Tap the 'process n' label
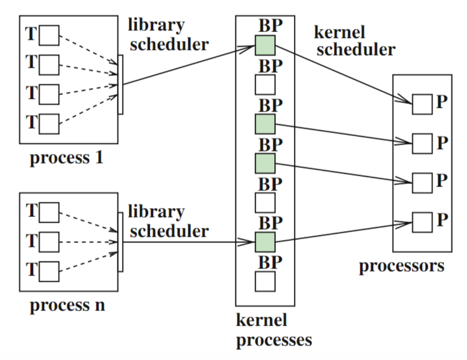(x=67, y=305)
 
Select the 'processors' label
(x=402, y=266)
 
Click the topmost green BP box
(x=265, y=45)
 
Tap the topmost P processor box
(x=422, y=104)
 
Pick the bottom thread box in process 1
(x=49, y=124)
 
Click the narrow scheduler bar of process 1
(x=120, y=84)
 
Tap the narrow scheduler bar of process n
(x=120, y=242)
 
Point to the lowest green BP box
(x=265, y=242)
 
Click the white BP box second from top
(x=265, y=85)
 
